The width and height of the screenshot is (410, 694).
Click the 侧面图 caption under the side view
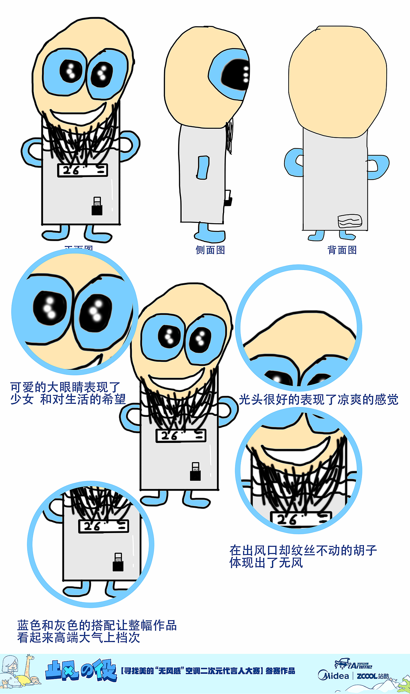(210, 250)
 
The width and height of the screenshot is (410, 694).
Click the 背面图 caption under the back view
(342, 250)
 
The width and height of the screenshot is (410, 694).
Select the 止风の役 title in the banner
(81, 670)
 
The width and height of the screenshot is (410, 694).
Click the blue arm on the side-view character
(203, 167)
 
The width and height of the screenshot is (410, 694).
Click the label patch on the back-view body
(350, 221)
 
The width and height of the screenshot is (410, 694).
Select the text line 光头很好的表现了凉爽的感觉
(318, 399)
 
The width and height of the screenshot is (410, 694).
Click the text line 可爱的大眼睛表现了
(65, 387)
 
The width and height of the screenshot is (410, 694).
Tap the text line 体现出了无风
(266, 562)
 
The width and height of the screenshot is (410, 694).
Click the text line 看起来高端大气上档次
(79, 637)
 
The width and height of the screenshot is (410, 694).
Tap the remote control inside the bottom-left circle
(118, 562)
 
